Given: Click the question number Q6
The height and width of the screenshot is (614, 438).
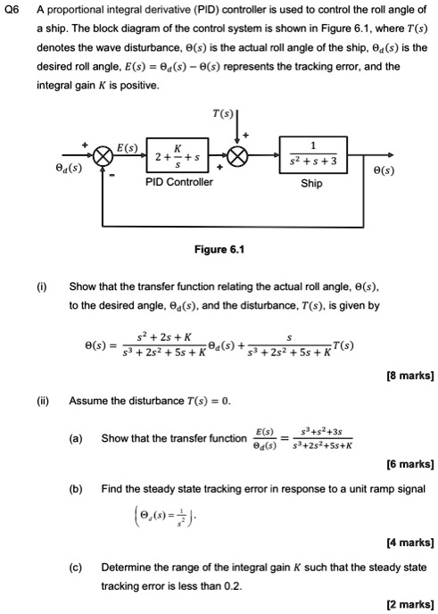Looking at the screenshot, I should (x=12, y=12).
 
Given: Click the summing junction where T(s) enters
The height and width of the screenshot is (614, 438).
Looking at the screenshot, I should (x=237, y=154).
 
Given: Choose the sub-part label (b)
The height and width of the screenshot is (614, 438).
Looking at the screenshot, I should (x=77, y=489).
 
